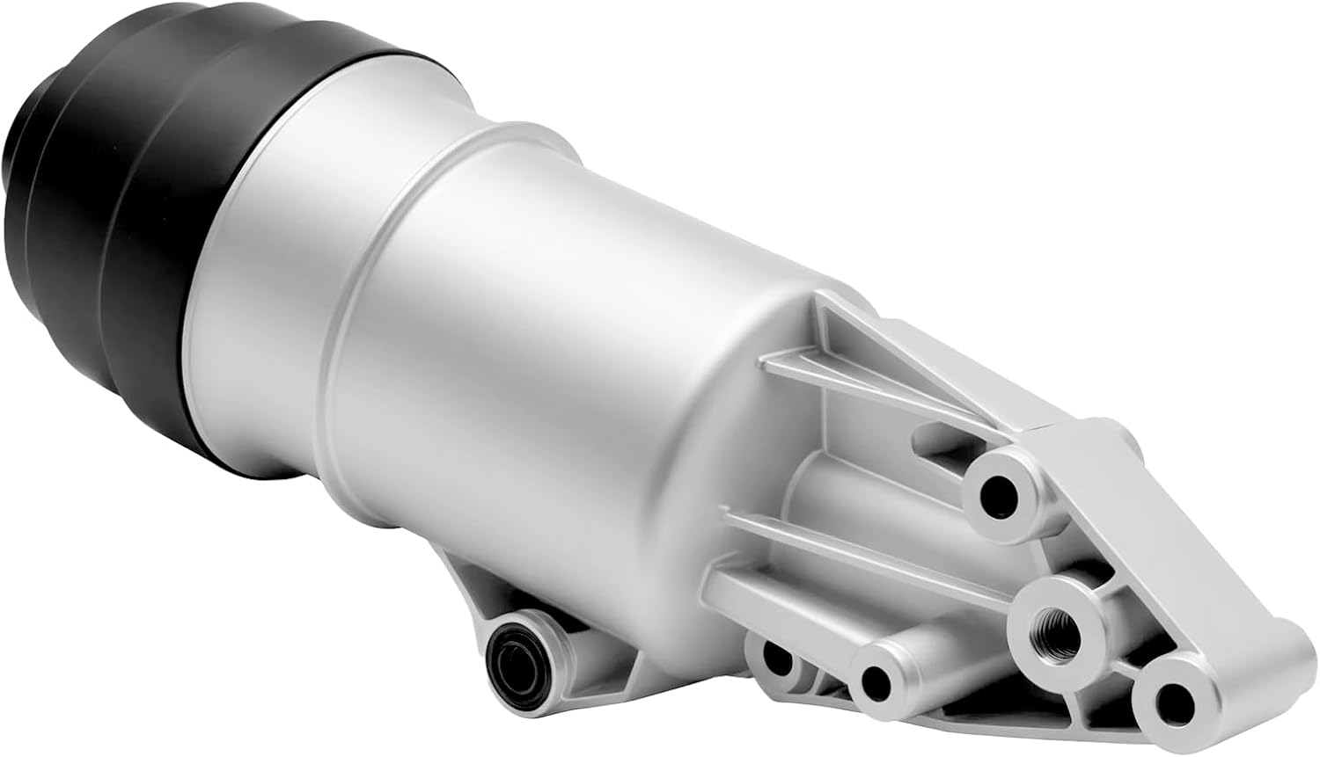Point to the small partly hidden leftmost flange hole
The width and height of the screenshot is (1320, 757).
click(x=774, y=656)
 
